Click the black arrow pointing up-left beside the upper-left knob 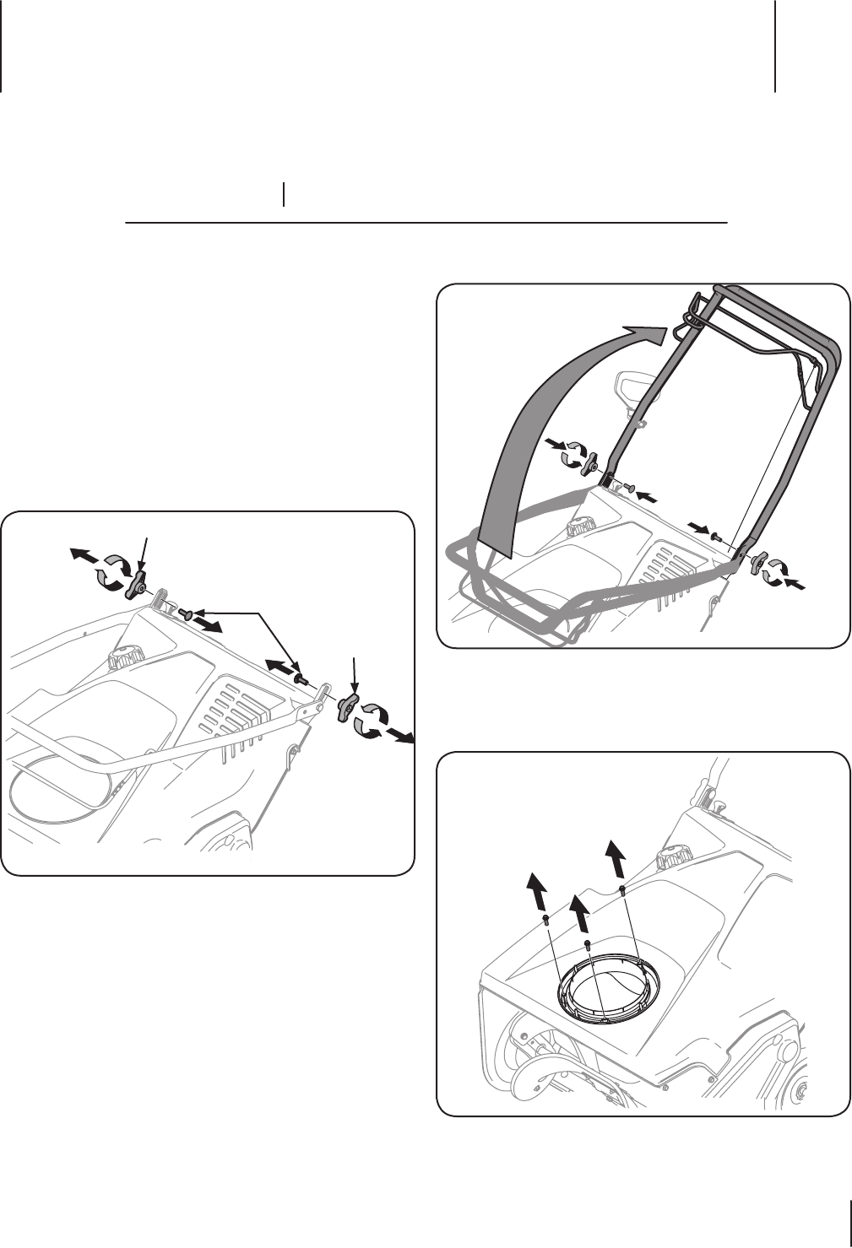[82, 555]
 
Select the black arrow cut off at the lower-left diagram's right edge [402, 737]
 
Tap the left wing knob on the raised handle [593, 464]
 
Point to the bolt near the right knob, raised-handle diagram [717, 535]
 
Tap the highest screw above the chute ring [621, 889]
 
